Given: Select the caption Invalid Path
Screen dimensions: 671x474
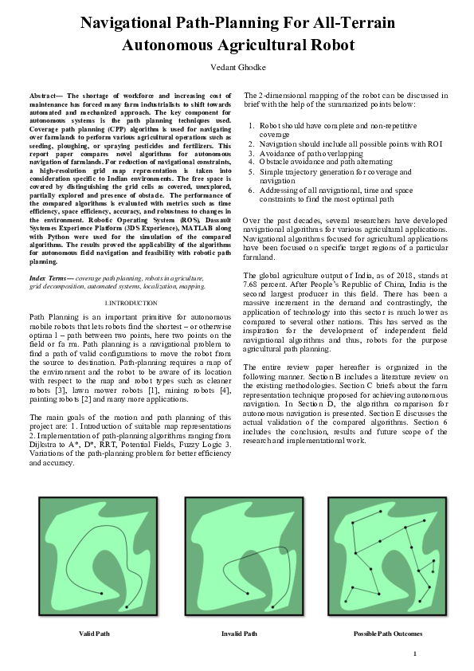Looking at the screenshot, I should (x=239, y=634).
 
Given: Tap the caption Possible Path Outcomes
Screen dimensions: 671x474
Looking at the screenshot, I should (x=388, y=634).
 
